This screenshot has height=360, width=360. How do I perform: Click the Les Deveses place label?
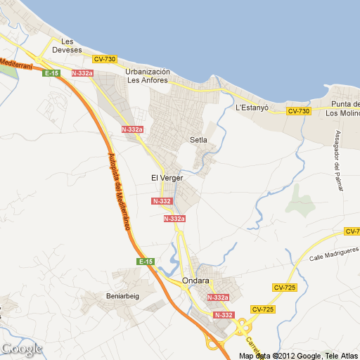(x=72, y=46)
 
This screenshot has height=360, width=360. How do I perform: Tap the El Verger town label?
(x=167, y=178)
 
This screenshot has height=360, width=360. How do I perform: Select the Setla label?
(x=199, y=140)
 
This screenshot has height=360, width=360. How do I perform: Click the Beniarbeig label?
(x=123, y=296)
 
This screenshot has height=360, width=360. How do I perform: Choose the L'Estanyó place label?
(x=253, y=108)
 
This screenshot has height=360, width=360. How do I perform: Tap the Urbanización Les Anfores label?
(x=148, y=76)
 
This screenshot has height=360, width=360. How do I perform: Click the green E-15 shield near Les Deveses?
(x=51, y=73)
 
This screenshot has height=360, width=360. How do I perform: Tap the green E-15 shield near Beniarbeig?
(x=146, y=262)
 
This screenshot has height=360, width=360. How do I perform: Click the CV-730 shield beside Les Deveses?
(x=105, y=59)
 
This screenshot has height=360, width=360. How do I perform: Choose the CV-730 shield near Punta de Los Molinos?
(x=298, y=111)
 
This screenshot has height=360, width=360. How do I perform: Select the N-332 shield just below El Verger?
(x=162, y=201)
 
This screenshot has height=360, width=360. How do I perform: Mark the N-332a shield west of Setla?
(x=132, y=129)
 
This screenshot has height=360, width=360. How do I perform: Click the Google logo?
(x=22, y=348)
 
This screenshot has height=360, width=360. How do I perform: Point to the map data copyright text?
(x=298, y=355)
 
